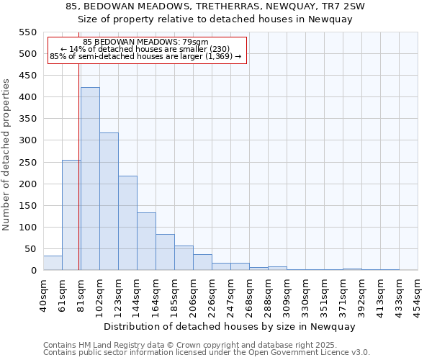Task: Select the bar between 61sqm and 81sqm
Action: coord(71,215)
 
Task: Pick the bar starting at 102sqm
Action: coord(109,202)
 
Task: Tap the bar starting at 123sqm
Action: coord(127,223)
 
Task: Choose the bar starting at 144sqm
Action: coord(146,241)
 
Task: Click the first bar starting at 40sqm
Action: coord(53,263)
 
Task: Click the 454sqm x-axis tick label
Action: coord(418,294)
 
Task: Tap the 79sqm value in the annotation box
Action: coord(195,42)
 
